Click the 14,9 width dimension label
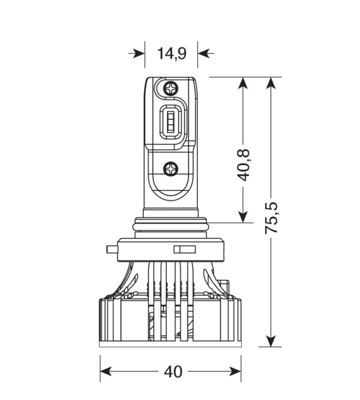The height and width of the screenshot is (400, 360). coord(172,53)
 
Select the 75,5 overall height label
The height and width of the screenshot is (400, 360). coord(271,218)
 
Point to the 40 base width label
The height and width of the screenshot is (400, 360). coord(173,372)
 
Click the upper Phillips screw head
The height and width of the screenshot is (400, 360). coord(170,88)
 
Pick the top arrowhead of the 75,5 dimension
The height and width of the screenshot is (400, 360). coord(271,82)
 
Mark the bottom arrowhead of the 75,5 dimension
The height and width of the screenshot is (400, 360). coord(271,341)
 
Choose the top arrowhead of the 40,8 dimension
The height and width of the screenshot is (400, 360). coord(243,82)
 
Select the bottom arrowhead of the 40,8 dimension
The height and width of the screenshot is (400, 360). coord(243,217)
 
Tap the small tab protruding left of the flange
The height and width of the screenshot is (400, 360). coord(111,249)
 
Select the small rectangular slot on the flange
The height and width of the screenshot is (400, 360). coord(184,249)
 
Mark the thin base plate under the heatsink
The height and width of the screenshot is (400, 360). coord(170,344)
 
